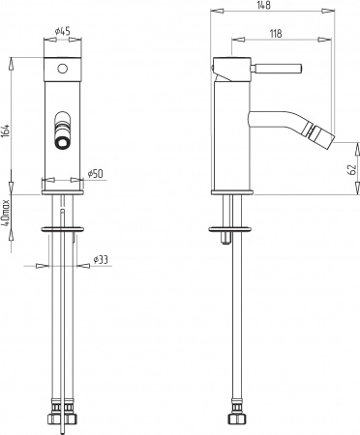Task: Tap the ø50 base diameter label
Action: [x=95, y=173]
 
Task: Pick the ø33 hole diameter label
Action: [x=100, y=259]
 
